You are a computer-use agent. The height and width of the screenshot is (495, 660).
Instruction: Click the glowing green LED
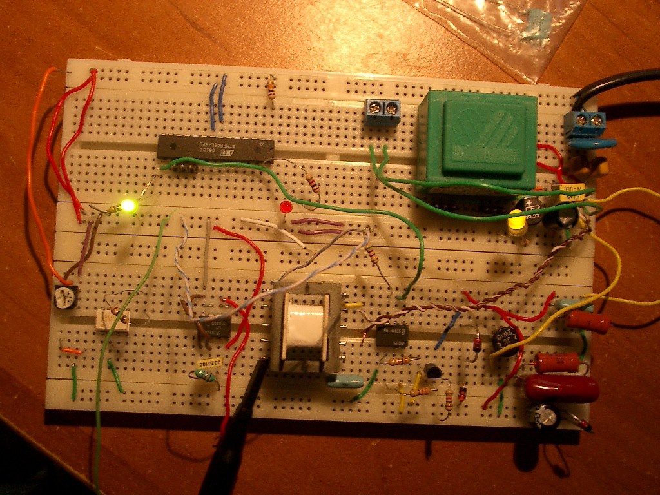[x=128, y=206]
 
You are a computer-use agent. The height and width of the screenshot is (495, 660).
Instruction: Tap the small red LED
[x=286, y=208]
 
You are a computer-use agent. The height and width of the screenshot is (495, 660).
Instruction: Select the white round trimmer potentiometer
[x=66, y=297]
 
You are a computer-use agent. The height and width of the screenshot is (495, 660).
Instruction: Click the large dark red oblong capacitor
[x=560, y=389]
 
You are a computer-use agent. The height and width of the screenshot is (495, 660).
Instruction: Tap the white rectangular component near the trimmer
[x=113, y=320]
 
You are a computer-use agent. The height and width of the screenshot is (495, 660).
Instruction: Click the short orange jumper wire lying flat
[x=72, y=351]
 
